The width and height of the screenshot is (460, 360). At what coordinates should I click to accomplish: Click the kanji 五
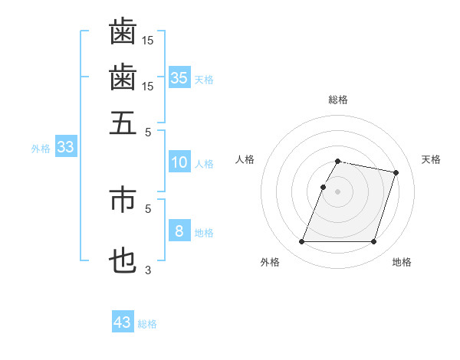click(123, 123)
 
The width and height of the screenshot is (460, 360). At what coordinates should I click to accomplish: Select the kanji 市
click(123, 199)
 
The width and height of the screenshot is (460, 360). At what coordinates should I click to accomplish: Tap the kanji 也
click(123, 261)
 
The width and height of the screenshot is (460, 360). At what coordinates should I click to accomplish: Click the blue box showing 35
click(179, 78)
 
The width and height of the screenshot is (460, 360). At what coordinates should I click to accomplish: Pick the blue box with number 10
click(179, 162)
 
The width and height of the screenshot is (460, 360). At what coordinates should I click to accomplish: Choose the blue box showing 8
click(179, 231)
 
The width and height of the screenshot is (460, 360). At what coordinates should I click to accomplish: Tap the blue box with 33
click(65, 148)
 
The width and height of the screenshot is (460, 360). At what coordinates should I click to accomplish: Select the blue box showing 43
click(123, 322)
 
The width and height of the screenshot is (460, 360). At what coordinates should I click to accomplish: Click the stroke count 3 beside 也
click(148, 270)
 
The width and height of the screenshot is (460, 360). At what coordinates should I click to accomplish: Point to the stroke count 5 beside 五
click(148, 131)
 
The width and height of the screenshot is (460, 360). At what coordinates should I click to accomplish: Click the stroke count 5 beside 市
click(148, 208)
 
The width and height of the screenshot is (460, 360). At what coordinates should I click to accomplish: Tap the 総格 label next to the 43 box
click(147, 324)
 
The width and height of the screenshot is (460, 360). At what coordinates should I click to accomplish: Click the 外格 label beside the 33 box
click(40, 149)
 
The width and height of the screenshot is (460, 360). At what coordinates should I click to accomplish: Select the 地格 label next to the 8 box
click(204, 233)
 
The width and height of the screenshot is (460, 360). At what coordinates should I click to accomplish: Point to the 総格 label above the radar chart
click(338, 100)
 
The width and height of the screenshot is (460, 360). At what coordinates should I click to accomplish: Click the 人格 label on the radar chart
click(245, 159)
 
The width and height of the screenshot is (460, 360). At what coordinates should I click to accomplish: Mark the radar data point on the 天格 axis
click(396, 172)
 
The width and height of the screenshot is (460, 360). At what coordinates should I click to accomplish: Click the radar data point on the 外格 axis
click(301, 242)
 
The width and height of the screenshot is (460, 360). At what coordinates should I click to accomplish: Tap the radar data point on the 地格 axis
click(373, 242)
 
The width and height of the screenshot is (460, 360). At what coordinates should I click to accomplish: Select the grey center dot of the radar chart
click(337, 191)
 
